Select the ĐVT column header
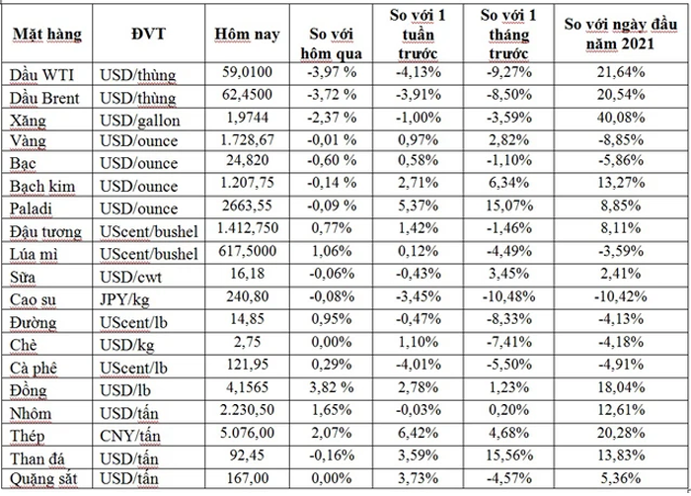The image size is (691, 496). pos(147,37)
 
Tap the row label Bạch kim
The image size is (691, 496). pos(42,187)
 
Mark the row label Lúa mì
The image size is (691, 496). pos(33,254)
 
